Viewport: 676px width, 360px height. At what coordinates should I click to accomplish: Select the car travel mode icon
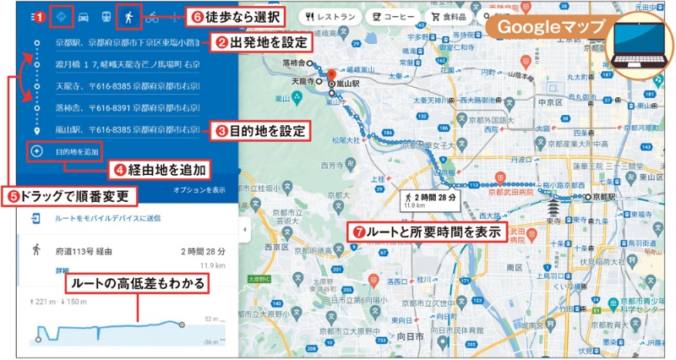pyautogui.click(x=84, y=16)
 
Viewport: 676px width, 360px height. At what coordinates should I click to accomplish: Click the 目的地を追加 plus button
pyautogui.click(x=37, y=152)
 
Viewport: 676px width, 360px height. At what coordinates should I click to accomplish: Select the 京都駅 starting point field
pyautogui.click(x=127, y=41)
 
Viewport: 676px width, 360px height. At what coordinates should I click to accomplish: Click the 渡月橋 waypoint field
pyautogui.click(x=127, y=63)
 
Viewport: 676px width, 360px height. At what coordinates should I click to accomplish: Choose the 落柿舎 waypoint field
pyautogui.click(x=127, y=108)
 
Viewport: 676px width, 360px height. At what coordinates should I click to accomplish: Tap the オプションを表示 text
pyautogui.click(x=198, y=190)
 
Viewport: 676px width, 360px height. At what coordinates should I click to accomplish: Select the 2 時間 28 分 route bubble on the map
pyautogui.click(x=430, y=200)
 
